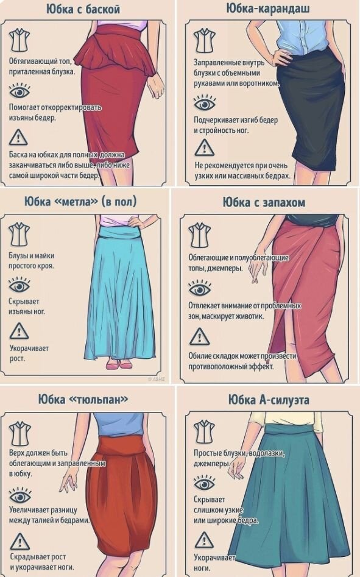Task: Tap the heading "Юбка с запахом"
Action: pos(263,202)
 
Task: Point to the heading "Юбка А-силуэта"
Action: pos(269,400)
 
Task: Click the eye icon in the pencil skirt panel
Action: pos(203,100)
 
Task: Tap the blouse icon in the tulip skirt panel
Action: pos(19,433)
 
